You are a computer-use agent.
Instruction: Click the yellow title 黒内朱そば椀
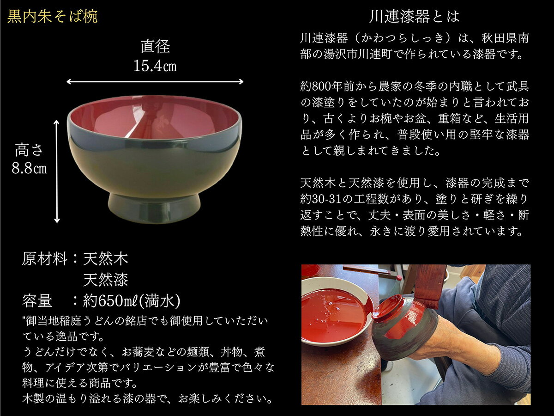53,17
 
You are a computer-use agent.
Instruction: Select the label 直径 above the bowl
155,47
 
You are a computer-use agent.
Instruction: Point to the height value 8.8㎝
30,168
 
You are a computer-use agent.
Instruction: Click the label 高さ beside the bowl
30,150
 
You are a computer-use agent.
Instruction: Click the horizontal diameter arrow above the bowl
155,82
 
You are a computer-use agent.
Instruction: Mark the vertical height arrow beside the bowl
57,171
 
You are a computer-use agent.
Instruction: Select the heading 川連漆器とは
415,17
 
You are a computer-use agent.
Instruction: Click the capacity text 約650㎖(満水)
132,301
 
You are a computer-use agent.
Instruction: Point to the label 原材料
45,259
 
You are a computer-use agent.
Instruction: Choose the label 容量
37,301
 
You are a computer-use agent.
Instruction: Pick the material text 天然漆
106,280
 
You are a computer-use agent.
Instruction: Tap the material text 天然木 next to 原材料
106,259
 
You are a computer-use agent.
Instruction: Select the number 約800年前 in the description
329,86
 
